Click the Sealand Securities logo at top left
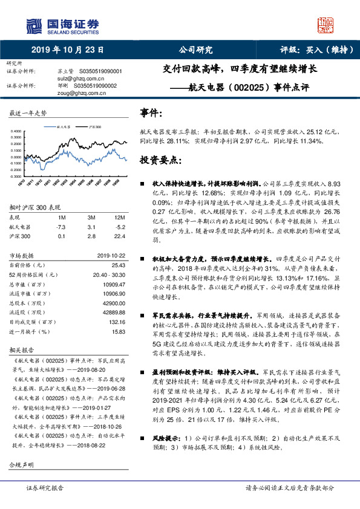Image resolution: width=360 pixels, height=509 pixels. pos(61,25)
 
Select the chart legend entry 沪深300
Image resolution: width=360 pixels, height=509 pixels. pos(93,128)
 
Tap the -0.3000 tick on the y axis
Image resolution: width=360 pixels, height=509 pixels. pos(18,177)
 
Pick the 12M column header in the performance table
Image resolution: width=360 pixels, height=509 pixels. pos(119,217)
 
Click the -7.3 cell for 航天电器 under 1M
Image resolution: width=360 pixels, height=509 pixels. pos(61,227)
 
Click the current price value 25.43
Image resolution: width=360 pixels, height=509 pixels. pos(119,265)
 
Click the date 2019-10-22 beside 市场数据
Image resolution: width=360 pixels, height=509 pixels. pos(112,255)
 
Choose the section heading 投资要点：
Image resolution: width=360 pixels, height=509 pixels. pos(160,160)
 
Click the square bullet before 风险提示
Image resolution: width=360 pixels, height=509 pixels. pos(143,438)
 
